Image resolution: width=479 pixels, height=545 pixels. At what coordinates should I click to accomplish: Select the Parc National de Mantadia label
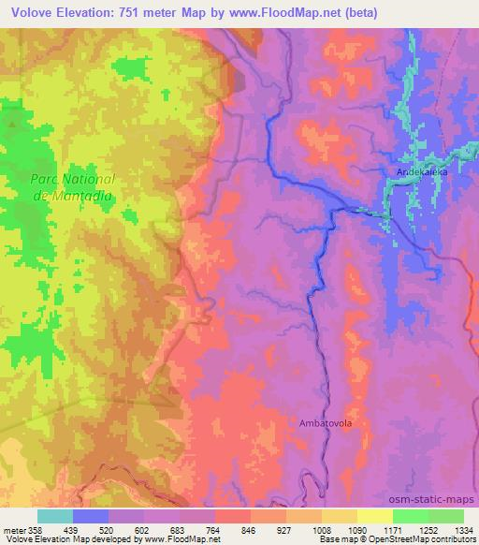(72, 186)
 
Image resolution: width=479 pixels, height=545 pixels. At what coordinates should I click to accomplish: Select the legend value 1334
(460, 530)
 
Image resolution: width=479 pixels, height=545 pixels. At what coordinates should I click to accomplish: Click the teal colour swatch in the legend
(55, 516)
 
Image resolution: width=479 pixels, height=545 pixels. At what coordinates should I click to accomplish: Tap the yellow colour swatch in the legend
(374, 516)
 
